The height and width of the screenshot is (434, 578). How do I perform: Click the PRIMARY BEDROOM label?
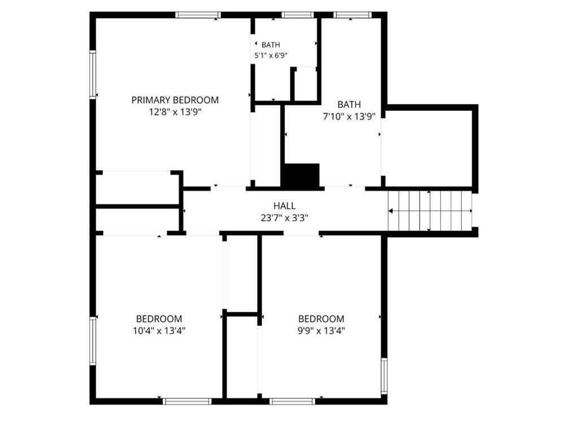coord(175,100)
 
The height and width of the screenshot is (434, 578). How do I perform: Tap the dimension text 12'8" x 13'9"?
coord(175,112)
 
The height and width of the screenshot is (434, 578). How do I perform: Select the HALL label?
coord(284,206)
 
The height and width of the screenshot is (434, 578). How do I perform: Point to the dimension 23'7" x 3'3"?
coord(284,218)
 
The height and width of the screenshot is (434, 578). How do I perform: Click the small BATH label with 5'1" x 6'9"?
coord(271,45)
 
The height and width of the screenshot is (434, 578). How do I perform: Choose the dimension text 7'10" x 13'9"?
coord(349,117)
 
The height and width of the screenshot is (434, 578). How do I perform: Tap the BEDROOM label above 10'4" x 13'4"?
coord(159,319)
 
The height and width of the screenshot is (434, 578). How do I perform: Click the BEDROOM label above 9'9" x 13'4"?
coord(321,319)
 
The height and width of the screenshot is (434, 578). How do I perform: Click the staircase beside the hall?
coord(430,211)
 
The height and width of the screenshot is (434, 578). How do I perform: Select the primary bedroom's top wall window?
coord(198,15)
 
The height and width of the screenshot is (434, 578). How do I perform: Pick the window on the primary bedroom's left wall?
coord(93,75)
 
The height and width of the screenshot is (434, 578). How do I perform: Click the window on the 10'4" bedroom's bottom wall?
coord(187,401)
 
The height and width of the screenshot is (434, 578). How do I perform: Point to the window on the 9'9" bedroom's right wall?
coord(384,376)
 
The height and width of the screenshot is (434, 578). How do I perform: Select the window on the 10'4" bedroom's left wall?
coord(93,341)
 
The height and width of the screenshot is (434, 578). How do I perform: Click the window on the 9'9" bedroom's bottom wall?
coord(292,401)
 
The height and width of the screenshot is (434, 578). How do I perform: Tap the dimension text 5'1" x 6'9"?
coord(271,56)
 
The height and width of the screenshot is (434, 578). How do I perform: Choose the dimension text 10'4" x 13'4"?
coord(159,331)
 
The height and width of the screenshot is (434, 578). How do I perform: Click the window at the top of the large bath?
coord(353,15)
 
